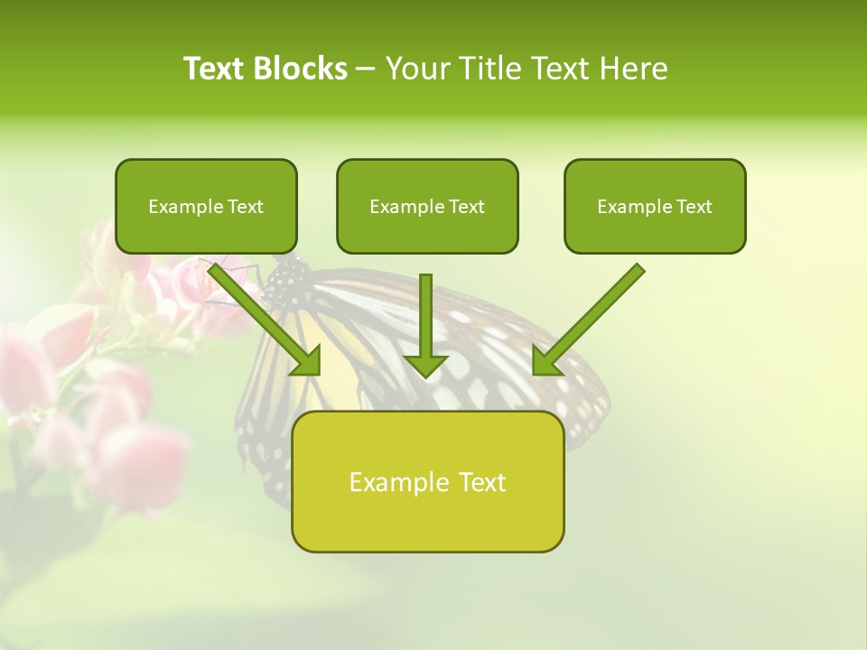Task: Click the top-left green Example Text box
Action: (206, 207)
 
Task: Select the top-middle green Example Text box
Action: (427, 207)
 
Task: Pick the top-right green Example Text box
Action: (655, 207)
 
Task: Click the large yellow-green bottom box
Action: (427, 482)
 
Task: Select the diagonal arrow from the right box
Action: (592, 316)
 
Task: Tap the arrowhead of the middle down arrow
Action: (425, 365)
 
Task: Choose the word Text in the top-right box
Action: (694, 207)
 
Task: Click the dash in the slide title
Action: (366, 69)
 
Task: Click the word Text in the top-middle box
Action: (466, 207)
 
